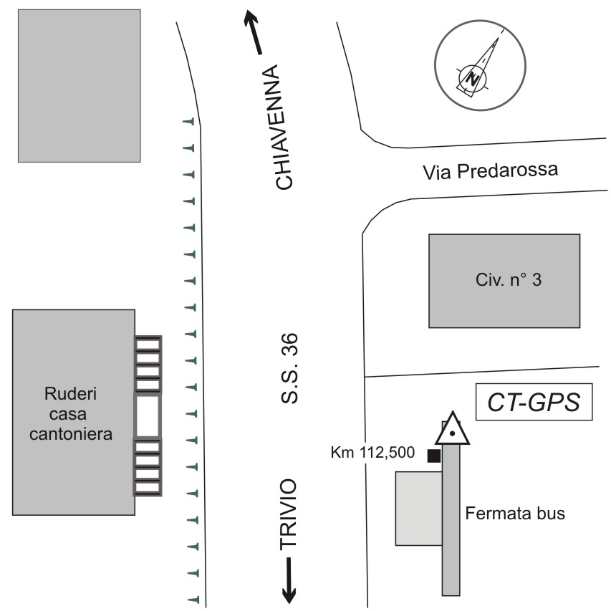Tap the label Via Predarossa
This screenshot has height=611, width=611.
tap(490, 172)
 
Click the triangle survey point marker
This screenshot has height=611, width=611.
tap(453, 430)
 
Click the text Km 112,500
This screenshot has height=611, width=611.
tap(372, 453)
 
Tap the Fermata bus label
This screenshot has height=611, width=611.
tap(515, 513)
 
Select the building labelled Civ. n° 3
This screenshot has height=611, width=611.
tap(504, 280)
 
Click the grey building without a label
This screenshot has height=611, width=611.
tap(79, 85)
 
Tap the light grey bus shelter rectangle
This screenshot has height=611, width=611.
tap(418, 508)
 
